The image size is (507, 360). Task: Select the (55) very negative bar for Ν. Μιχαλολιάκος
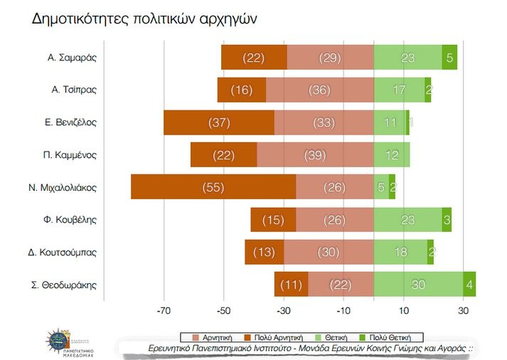click(213, 187)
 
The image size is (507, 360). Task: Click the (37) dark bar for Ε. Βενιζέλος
click(219, 122)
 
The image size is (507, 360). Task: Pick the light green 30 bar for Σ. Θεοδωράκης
click(418, 285)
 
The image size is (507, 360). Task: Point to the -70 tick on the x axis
click(164, 310)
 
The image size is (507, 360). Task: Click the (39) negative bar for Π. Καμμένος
click(315, 154)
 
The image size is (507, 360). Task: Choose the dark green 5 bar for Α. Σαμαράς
click(449, 57)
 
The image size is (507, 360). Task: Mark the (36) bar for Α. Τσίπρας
click(320, 90)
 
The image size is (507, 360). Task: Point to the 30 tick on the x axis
click(463, 310)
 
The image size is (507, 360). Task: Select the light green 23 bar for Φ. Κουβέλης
click(407, 220)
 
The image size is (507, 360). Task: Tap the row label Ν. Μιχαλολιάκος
click(63, 188)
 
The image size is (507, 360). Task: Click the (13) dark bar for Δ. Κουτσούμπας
click(265, 252)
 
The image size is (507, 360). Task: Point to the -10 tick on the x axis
click(343, 310)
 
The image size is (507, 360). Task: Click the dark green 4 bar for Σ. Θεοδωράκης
click(469, 285)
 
